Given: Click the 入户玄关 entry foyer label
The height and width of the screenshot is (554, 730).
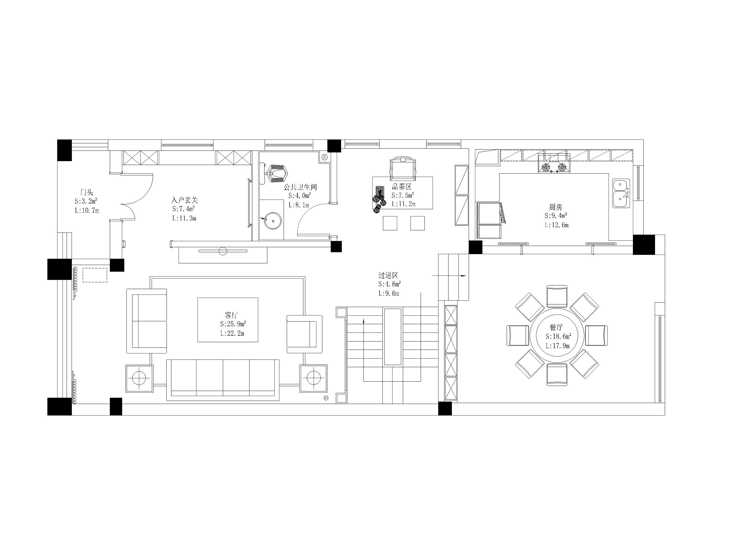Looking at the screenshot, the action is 184,200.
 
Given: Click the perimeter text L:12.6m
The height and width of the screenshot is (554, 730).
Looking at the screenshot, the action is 557,225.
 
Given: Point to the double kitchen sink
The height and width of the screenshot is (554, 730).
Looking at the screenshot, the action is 621,193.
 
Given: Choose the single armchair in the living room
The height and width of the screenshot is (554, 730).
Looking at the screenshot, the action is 304,334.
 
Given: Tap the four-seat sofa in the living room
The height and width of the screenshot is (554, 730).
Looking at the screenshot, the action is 223,380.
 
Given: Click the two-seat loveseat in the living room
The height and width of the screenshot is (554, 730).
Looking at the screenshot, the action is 146,321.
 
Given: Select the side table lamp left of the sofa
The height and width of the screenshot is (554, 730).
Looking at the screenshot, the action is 139,378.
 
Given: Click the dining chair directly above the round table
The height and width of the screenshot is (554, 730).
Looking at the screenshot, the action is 557,296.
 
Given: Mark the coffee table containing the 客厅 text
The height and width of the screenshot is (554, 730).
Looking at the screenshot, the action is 228,320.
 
